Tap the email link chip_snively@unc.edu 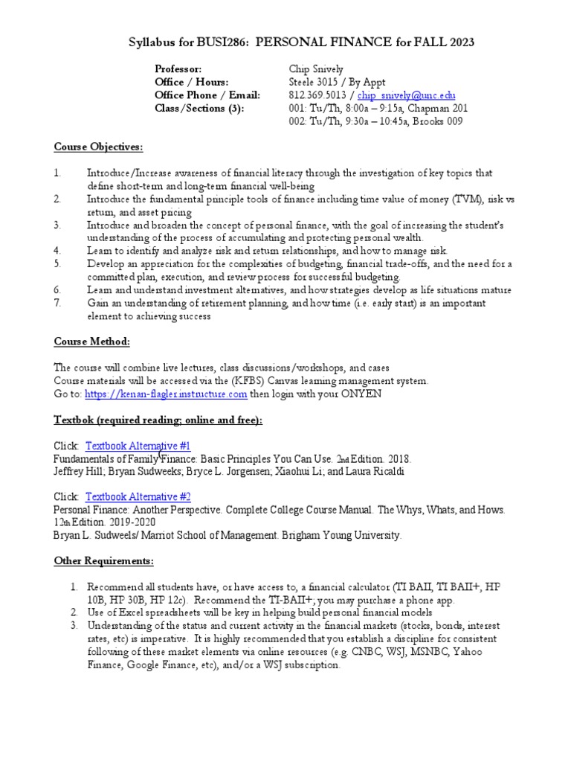(407, 96)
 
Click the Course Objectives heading (98, 147)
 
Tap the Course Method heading (91, 342)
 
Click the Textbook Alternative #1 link (138, 446)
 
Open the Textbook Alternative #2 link (138, 497)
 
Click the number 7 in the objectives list (57, 303)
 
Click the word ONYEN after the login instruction (361, 394)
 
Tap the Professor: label (178, 69)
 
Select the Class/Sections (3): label (199, 109)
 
